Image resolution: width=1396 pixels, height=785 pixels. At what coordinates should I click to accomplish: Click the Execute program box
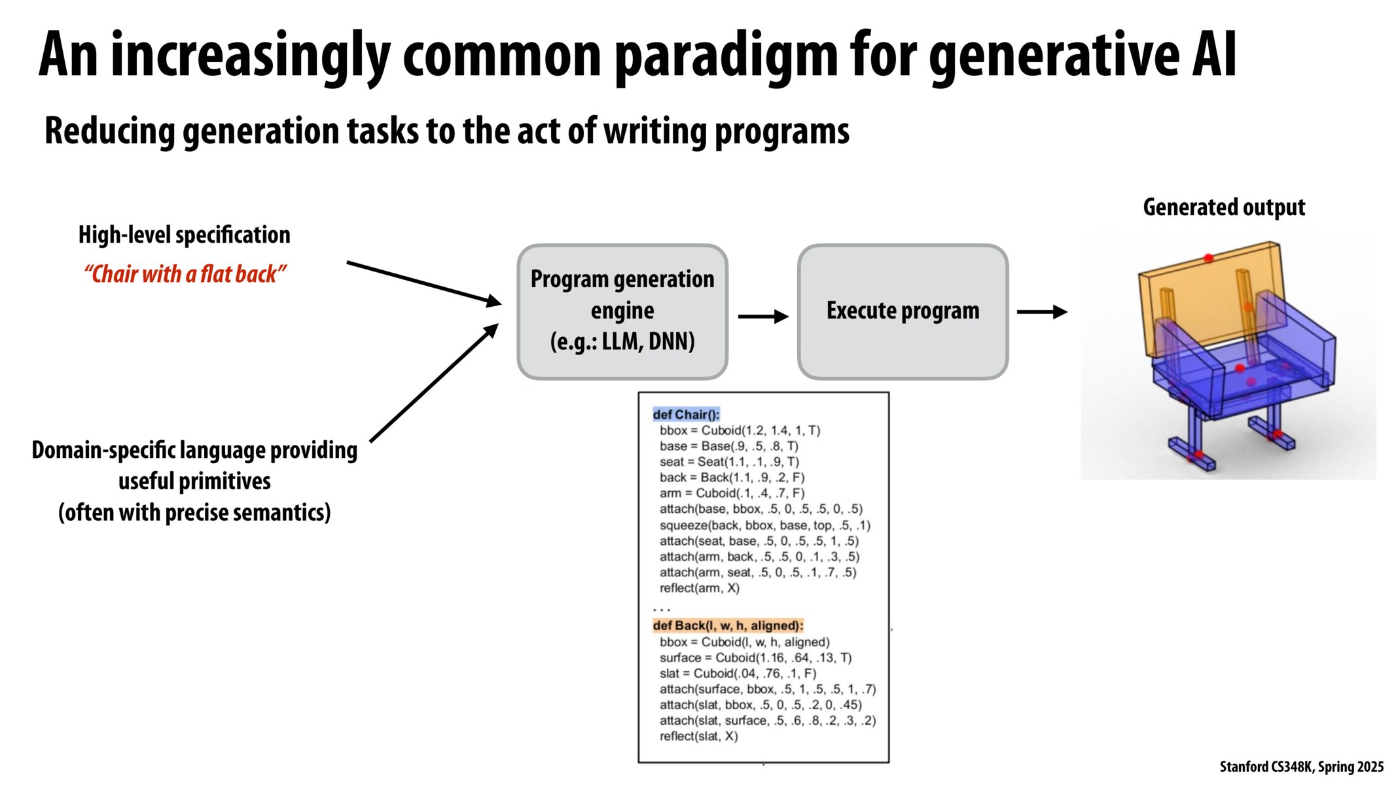(903, 311)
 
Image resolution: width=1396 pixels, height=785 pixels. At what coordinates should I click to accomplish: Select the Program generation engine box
(622, 311)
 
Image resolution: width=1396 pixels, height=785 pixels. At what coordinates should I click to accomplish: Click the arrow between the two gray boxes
(762, 317)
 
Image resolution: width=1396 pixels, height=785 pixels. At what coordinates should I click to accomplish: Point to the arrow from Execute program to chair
(1041, 312)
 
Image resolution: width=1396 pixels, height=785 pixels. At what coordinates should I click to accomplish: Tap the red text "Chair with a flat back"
(185, 274)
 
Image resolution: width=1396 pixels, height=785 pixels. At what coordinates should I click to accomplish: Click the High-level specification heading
(184, 235)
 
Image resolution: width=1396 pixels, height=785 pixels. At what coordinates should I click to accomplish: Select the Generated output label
(1223, 207)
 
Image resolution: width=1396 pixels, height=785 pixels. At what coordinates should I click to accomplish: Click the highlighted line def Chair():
(686, 414)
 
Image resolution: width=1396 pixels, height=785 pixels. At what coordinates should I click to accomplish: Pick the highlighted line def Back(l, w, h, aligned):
(728, 625)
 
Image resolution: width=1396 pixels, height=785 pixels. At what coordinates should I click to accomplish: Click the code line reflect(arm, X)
(699, 587)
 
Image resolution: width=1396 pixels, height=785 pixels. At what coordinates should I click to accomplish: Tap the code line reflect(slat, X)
(698, 736)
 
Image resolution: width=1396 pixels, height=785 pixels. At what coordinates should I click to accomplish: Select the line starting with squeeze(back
(764, 525)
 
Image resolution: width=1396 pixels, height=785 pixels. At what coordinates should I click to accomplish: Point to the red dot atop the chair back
(1208, 258)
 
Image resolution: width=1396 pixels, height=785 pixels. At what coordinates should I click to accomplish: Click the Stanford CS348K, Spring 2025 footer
(1301, 767)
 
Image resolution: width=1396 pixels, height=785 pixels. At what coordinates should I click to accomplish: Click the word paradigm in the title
(726, 58)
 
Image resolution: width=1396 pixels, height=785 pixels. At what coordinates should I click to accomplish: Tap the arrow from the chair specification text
(423, 283)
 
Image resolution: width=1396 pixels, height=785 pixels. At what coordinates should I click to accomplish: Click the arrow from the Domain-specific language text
(433, 383)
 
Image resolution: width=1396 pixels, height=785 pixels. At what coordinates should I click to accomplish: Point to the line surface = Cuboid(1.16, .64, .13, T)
(755, 657)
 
